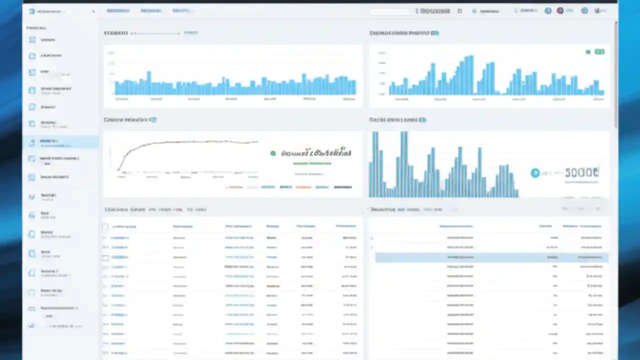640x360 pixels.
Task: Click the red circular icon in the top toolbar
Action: point(560,10)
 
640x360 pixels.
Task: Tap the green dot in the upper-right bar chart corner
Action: point(588,52)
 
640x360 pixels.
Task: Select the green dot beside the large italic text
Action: point(273,153)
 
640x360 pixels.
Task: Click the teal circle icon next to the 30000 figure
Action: point(535,173)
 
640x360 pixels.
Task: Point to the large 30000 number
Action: point(581,173)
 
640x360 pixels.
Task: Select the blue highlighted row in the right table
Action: point(491,257)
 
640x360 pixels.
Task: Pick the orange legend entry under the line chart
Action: point(303,187)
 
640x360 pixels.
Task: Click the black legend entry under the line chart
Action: point(342,187)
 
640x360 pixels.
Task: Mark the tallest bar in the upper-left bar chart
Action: point(148,82)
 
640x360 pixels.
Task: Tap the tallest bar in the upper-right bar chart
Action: point(471,75)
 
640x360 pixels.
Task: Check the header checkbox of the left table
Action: point(105,226)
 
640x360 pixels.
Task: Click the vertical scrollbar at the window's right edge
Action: point(616,75)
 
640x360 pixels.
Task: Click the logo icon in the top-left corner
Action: point(32,11)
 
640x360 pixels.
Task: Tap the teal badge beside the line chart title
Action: point(153,120)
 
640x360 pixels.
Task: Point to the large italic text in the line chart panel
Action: point(316,153)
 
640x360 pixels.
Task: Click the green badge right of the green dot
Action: point(599,52)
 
